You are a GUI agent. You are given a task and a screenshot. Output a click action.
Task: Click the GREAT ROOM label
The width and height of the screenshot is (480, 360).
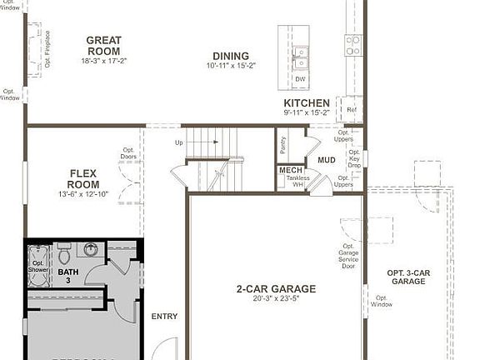(103, 46)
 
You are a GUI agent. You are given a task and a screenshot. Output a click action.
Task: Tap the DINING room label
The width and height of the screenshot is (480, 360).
(230, 56)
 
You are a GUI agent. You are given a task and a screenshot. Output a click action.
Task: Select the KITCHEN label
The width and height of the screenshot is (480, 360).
(307, 103)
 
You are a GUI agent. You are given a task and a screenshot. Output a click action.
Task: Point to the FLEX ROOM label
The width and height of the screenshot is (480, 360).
(83, 179)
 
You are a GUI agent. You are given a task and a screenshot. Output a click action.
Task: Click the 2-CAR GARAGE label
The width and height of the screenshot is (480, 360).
(276, 289)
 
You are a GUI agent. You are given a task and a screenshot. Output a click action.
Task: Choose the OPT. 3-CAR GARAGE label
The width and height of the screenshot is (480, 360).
(408, 277)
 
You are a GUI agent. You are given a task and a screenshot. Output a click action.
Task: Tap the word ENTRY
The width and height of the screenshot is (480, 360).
(164, 316)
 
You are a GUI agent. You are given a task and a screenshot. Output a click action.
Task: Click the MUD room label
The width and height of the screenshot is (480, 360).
(327, 160)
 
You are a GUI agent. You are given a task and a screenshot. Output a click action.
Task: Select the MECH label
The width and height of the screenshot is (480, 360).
(291, 171)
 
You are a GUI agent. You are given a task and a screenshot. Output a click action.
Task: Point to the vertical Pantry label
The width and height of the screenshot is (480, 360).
(283, 145)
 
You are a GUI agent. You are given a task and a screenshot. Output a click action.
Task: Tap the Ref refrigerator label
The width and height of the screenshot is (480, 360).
(351, 109)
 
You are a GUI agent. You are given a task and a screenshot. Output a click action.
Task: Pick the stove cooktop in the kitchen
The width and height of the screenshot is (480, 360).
(353, 45)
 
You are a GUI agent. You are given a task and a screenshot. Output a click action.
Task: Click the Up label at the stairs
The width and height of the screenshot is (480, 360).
(178, 142)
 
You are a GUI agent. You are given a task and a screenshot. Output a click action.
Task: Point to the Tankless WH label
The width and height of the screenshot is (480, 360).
(297, 181)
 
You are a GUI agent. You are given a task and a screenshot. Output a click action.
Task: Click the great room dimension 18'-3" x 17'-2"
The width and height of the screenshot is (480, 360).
(103, 61)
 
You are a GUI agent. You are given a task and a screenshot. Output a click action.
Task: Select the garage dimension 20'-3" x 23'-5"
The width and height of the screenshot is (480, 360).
(276, 300)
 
